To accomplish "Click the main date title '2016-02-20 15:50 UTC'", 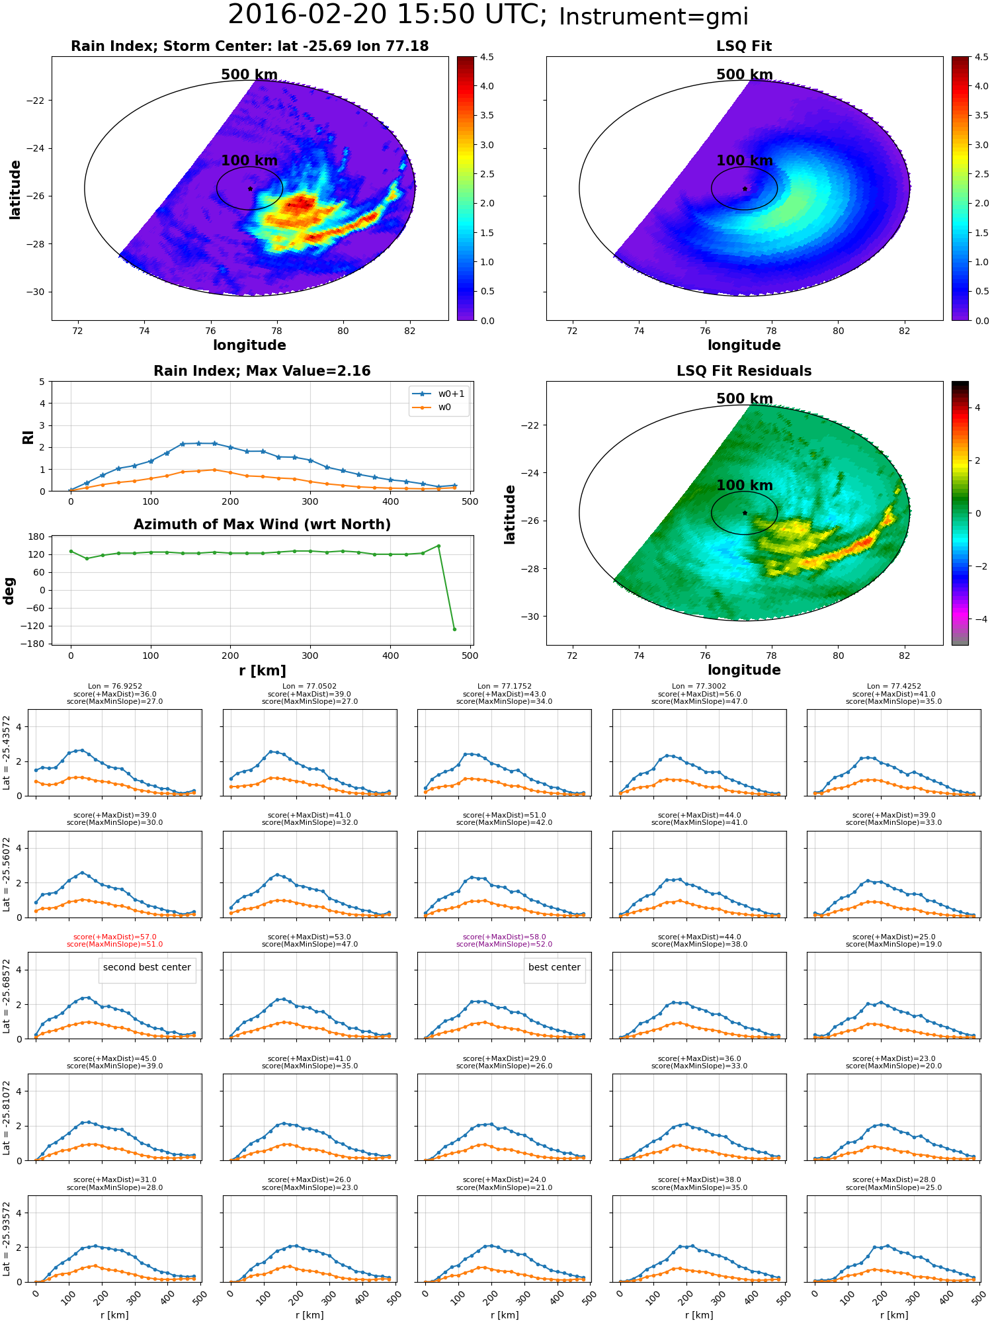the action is [386, 15].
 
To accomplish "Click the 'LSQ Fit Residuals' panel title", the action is [744, 371].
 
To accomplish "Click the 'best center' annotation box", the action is [554, 967].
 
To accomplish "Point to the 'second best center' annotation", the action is [147, 967].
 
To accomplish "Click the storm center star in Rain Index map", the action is [250, 189].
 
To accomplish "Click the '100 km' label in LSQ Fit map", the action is [745, 161].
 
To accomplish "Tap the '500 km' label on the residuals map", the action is [745, 399].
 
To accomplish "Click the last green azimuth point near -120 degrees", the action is [454, 629].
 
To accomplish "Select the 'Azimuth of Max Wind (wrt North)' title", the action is [262, 525].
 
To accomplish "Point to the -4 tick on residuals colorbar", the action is [977, 619].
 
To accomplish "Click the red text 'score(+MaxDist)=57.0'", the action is [115, 937].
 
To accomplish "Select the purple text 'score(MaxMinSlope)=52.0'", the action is [504, 945].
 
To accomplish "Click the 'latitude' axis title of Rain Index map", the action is [15, 190].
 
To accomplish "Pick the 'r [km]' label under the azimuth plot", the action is [262, 671].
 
